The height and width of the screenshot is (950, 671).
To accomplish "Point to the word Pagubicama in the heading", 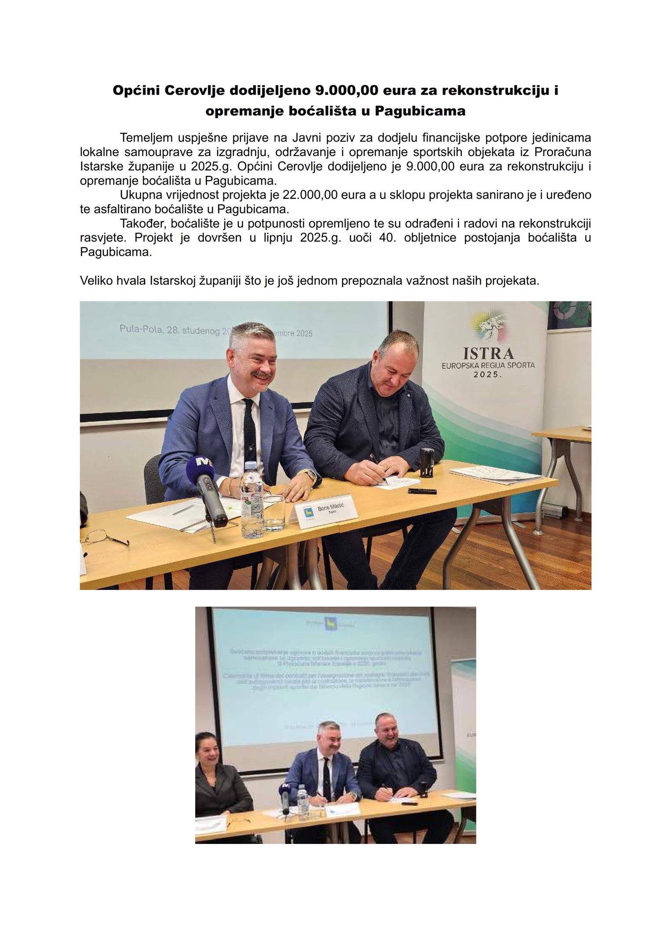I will pos(419,111).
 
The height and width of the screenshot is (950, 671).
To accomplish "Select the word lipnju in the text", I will pos(277,238).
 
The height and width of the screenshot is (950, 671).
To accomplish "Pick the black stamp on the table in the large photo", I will pos(426,463).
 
